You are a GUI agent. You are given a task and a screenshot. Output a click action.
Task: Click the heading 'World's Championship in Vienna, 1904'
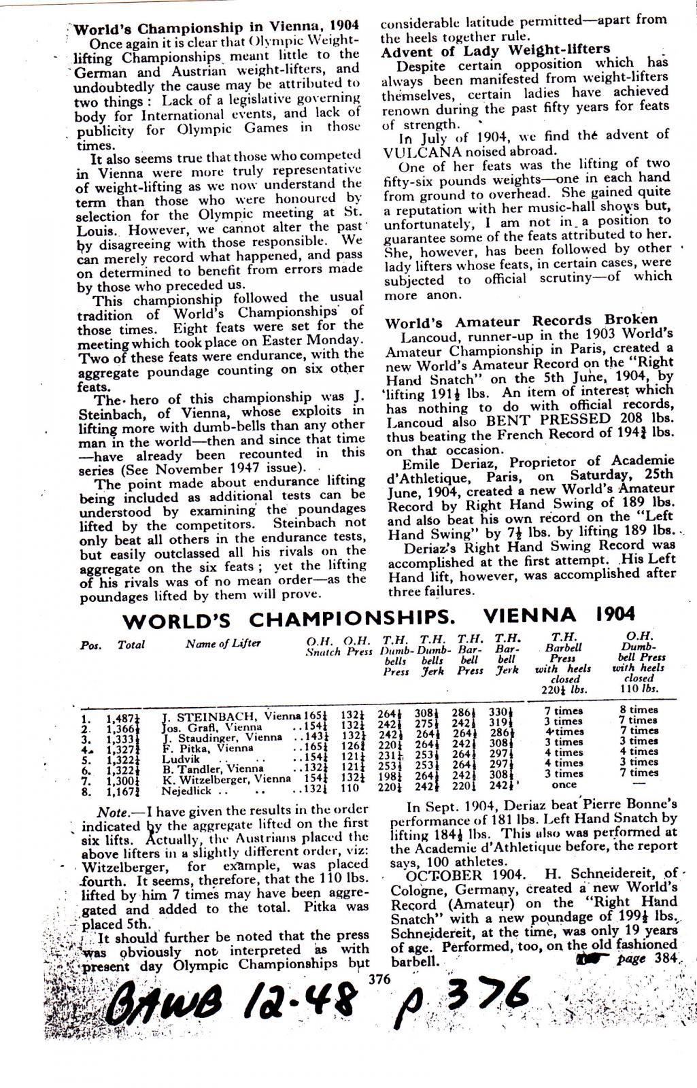pos(216,28)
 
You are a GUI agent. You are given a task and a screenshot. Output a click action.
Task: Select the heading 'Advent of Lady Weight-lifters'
pos(496,50)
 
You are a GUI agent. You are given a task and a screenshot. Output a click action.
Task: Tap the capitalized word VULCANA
pos(419,151)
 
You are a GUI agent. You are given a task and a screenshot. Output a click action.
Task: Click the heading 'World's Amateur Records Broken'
pos(522,320)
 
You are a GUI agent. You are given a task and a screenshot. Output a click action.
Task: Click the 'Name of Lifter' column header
pos(222,644)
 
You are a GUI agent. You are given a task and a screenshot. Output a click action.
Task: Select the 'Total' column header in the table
pos(131,645)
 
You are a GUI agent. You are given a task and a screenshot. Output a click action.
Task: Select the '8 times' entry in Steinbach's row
pos(638,710)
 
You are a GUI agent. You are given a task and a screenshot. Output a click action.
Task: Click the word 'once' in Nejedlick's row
pos(564,784)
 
